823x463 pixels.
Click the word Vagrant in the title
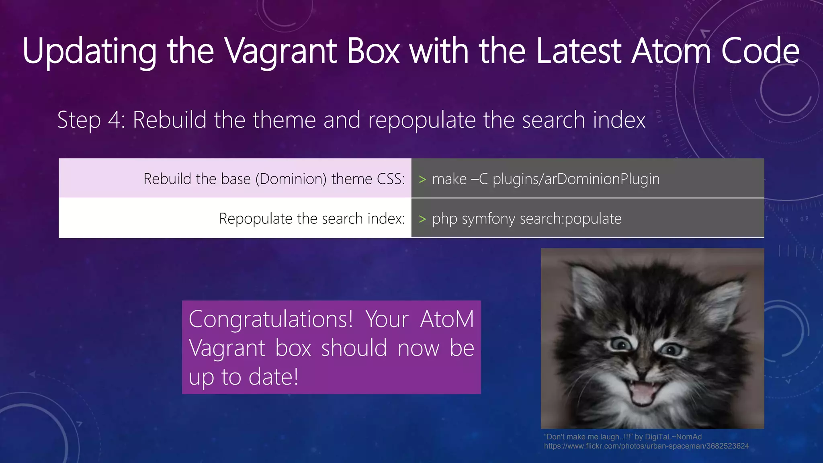(280, 51)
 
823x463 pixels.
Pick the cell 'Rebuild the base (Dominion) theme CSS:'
(274, 178)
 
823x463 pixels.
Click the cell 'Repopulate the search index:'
(312, 219)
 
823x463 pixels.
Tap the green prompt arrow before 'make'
(422, 179)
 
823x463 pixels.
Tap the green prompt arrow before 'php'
(422, 219)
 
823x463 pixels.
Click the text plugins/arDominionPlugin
(576, 179)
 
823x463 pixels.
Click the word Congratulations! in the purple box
(271, 319)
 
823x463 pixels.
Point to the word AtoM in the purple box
(447, 319)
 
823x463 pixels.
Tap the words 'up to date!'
(244, 377)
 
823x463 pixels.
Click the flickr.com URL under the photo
(646, 446)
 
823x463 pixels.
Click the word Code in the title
(760, 51)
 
